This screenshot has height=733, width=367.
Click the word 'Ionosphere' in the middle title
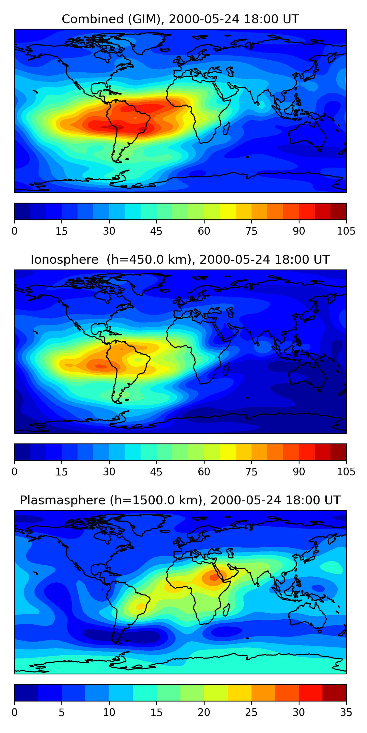pyautogui.click(x=64, y=260)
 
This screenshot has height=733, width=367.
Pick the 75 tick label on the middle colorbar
pyautogui.click(x=251, y=472)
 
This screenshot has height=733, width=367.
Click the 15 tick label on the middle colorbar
pyautogui.click(x=62, y=472)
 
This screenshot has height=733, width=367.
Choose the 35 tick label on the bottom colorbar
pyautogui.click(x=346, y=712)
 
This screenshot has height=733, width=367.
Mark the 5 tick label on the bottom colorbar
pyautogui.click(x=62, y=712)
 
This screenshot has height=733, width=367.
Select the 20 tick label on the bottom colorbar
pyautogui.click(x=204, y=712)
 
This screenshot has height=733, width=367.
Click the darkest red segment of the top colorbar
pyautogui.click(x=338, y=211)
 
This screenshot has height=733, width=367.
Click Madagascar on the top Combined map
pyautogui.click(x=226, y=129)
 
